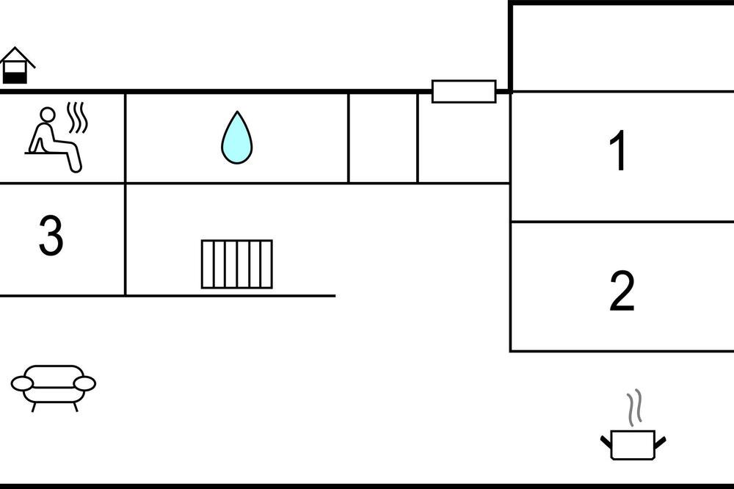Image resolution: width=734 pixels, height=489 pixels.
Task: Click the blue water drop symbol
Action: point(237,138)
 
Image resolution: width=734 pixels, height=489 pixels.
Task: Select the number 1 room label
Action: point(618,151)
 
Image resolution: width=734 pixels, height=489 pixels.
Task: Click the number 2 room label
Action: point(622,291)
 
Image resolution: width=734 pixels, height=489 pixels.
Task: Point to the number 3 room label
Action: point(51,236)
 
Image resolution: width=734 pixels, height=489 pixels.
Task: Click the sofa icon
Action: point(54,388)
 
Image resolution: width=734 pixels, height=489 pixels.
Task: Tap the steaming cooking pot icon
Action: point(633,425)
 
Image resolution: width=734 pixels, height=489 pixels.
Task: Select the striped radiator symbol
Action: point(237,264)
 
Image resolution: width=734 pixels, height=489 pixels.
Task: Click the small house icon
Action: point(16,65)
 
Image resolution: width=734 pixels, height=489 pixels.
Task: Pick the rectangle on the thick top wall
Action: point(464,91)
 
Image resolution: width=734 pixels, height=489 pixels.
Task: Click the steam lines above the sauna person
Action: point(77,117)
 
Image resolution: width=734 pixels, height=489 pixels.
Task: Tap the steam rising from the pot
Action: point(634,407)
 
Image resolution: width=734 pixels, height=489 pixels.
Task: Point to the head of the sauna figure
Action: point(47,115)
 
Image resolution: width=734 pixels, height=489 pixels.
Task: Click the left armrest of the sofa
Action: point(22,383)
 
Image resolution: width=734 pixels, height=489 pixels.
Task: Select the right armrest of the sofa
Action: point(84,383)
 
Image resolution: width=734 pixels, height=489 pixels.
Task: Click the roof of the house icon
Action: point(17,57)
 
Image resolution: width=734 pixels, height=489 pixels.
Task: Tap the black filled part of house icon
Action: point(15,77)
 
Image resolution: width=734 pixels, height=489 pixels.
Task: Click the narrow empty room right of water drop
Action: point(383,138)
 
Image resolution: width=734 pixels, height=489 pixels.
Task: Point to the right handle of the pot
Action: point(660,442)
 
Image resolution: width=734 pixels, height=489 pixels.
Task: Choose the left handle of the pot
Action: point(606,442)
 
